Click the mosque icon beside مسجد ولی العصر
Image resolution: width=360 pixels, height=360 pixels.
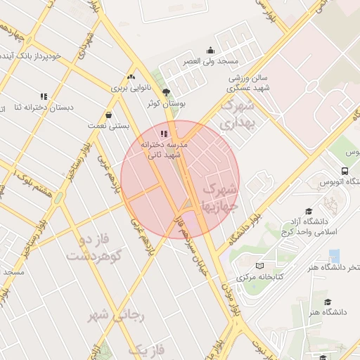[x=210, y=50]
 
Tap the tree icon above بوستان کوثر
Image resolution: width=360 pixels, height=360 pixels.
[x=166, y=92]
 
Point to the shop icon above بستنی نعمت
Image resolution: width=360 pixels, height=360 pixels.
[x=108, y=115]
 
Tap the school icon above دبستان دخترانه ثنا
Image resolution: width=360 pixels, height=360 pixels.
[x=44, y=96]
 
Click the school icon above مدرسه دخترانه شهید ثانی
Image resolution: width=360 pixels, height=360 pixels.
[x=164, y=134]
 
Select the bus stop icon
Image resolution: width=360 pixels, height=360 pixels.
[x=344, y=171]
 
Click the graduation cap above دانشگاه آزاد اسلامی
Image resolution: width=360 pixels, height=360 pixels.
[x=309, y=210]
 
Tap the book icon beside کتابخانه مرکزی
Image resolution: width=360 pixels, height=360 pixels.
[x=260, y=266]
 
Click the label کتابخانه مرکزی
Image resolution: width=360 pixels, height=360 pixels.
[x=260, y=277]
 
